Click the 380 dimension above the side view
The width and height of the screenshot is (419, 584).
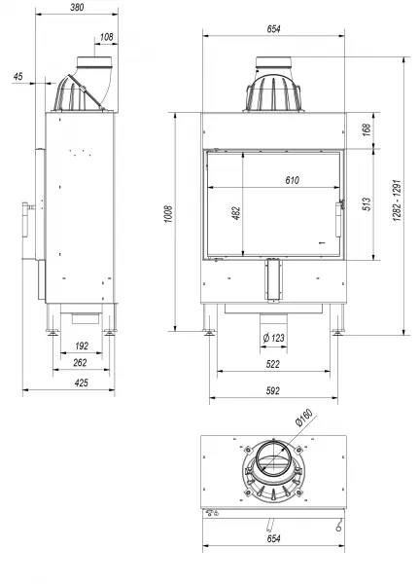77,7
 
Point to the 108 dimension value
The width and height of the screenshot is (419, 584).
106,37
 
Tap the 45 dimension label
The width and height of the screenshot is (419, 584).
17,76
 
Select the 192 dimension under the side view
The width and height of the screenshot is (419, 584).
82,346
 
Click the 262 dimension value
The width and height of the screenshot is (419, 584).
80,363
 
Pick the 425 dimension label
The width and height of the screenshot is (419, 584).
82,383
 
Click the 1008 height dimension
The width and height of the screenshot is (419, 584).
168,214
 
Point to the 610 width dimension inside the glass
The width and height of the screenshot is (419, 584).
292,180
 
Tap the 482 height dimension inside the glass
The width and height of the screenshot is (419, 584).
236,213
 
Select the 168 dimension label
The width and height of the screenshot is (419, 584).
367,129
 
